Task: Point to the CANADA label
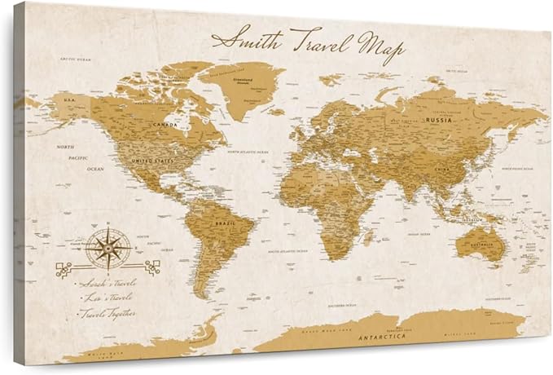pos(165,125)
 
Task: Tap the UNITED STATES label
pos(153,161)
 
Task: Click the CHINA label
pos(444,169)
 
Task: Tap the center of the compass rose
pos(106,248)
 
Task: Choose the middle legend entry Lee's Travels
pos(106,298)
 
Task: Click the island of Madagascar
pos(369,237)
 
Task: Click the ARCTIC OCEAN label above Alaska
pos(74,59)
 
